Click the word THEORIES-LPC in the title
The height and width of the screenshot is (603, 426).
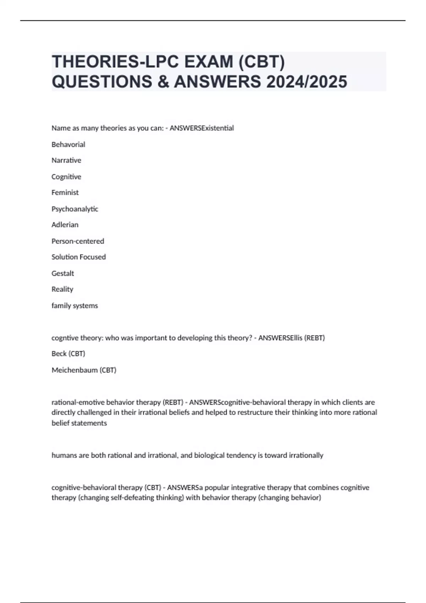(x=110, y=62)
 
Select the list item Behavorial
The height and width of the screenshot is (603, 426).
(x=68, y=144)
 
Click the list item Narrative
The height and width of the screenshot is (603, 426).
(x=66, y=160)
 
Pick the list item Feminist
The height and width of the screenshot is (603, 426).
(x=65, y=193)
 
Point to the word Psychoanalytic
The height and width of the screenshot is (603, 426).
(x=75, y=209)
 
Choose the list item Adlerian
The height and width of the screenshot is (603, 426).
(x=65, y=225)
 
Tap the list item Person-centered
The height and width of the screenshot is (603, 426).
(x=78, y=241)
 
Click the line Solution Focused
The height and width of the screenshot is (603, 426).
(x=78, y=257)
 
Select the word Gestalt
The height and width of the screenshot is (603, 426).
(x=63, y=273)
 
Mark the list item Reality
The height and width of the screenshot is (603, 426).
(x=62, y=289)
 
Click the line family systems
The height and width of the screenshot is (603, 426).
(x=75, y=305)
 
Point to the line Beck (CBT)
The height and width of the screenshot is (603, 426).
(x=68, y=354)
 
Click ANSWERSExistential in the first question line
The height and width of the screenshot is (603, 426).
(x=202, y=128)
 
